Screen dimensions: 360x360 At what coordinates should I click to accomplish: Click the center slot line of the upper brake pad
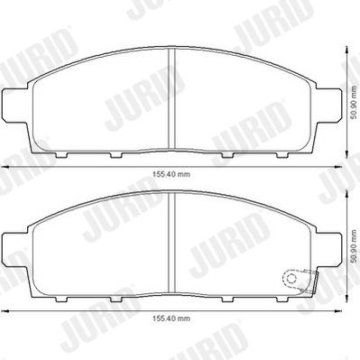point(172,99)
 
